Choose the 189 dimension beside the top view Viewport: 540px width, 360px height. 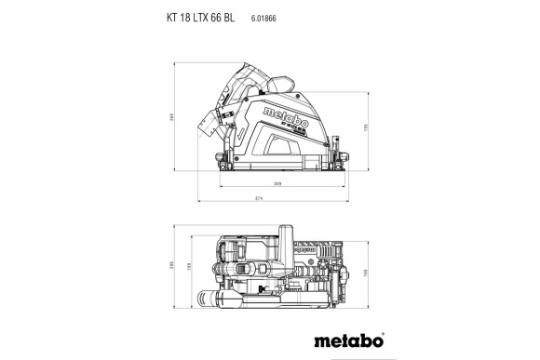tap(191, 266)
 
